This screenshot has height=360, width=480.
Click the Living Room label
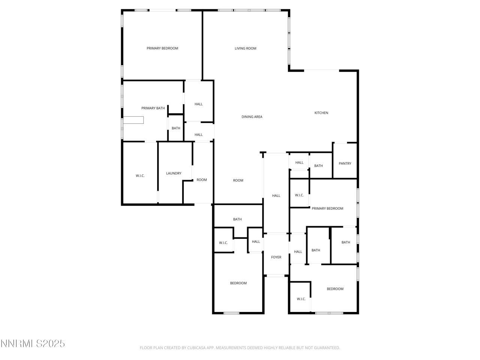click(x=245, y=48)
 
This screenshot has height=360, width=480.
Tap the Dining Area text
click(x=252, y=117)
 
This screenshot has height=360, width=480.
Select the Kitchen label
click(x=321, y=113)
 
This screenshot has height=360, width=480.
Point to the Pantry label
click(x=345, y=163)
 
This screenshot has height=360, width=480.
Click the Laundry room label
click(x=174, y=173)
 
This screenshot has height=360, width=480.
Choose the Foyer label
click(x=276, y=257)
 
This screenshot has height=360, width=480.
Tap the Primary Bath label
click(x=153, y=108)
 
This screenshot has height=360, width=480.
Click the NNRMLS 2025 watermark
click(x=33, y=343)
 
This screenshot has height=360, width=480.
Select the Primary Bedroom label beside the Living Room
click(x=162, y=48)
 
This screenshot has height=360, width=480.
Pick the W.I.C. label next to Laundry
click(x=140, y=176)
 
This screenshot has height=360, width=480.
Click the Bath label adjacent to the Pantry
click(x=318, y=166)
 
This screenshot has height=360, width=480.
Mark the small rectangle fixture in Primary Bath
click(x=134, y=120)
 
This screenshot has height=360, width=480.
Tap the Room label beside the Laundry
click(x=202, y=180)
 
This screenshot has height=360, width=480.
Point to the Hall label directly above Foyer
click(x=276, y=196)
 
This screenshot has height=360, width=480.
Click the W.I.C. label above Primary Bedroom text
click(x=299, y=195)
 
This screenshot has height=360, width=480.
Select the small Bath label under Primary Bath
click(x=176, y=128)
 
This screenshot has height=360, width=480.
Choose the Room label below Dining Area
click(x=238, y=180)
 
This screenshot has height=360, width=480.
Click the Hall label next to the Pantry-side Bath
click(x=299, y=163)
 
